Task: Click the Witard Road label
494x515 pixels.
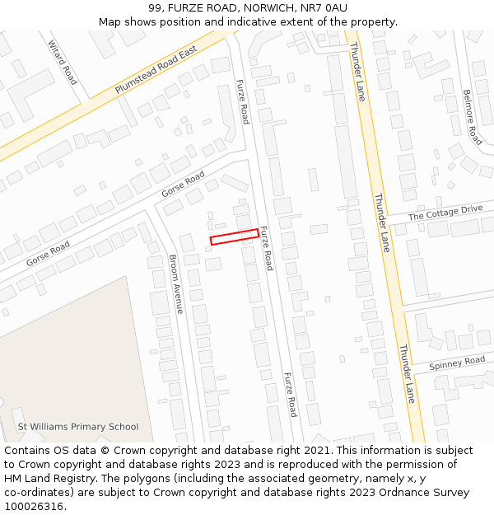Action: pyautogui.click(x=62, y=63)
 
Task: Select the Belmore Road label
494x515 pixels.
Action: pyautogui.click(x=471, y=117)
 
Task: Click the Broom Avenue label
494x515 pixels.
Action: pyautogui.click(x=175, y=283)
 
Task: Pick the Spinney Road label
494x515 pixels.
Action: pyautogui.click(x=458, y=363)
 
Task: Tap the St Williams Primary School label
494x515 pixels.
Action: pyautogui.click(x=78, y=427)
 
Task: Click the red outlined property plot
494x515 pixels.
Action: pyautogui.click(x=235, y=237)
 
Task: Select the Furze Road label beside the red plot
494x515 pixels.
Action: pyautogui.click(x=266, y=248)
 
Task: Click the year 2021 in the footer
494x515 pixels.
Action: pyautogui.click(x=316, y=451)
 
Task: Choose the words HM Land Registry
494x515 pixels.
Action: pyautogui.click(x=48, y=479)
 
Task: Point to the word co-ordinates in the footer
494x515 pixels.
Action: pyautogui.click(x=36, y=493)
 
